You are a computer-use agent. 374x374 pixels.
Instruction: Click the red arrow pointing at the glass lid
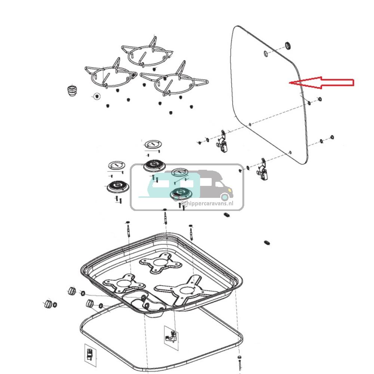coord(322,83)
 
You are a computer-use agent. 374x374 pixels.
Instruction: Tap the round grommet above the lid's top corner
coord(288,46)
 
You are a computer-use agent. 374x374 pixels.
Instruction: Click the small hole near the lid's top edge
coord(265,53)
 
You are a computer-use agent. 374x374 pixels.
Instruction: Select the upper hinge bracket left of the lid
coord(223,142)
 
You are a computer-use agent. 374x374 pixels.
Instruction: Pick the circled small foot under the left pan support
coord(97,96)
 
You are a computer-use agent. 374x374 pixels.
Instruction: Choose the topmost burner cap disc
coord(153,144)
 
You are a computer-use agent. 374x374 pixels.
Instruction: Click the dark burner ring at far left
coord(117,187)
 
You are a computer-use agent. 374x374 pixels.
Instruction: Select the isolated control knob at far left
coord(48,304)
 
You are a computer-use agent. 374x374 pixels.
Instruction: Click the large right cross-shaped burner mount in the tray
coord(187,289)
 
